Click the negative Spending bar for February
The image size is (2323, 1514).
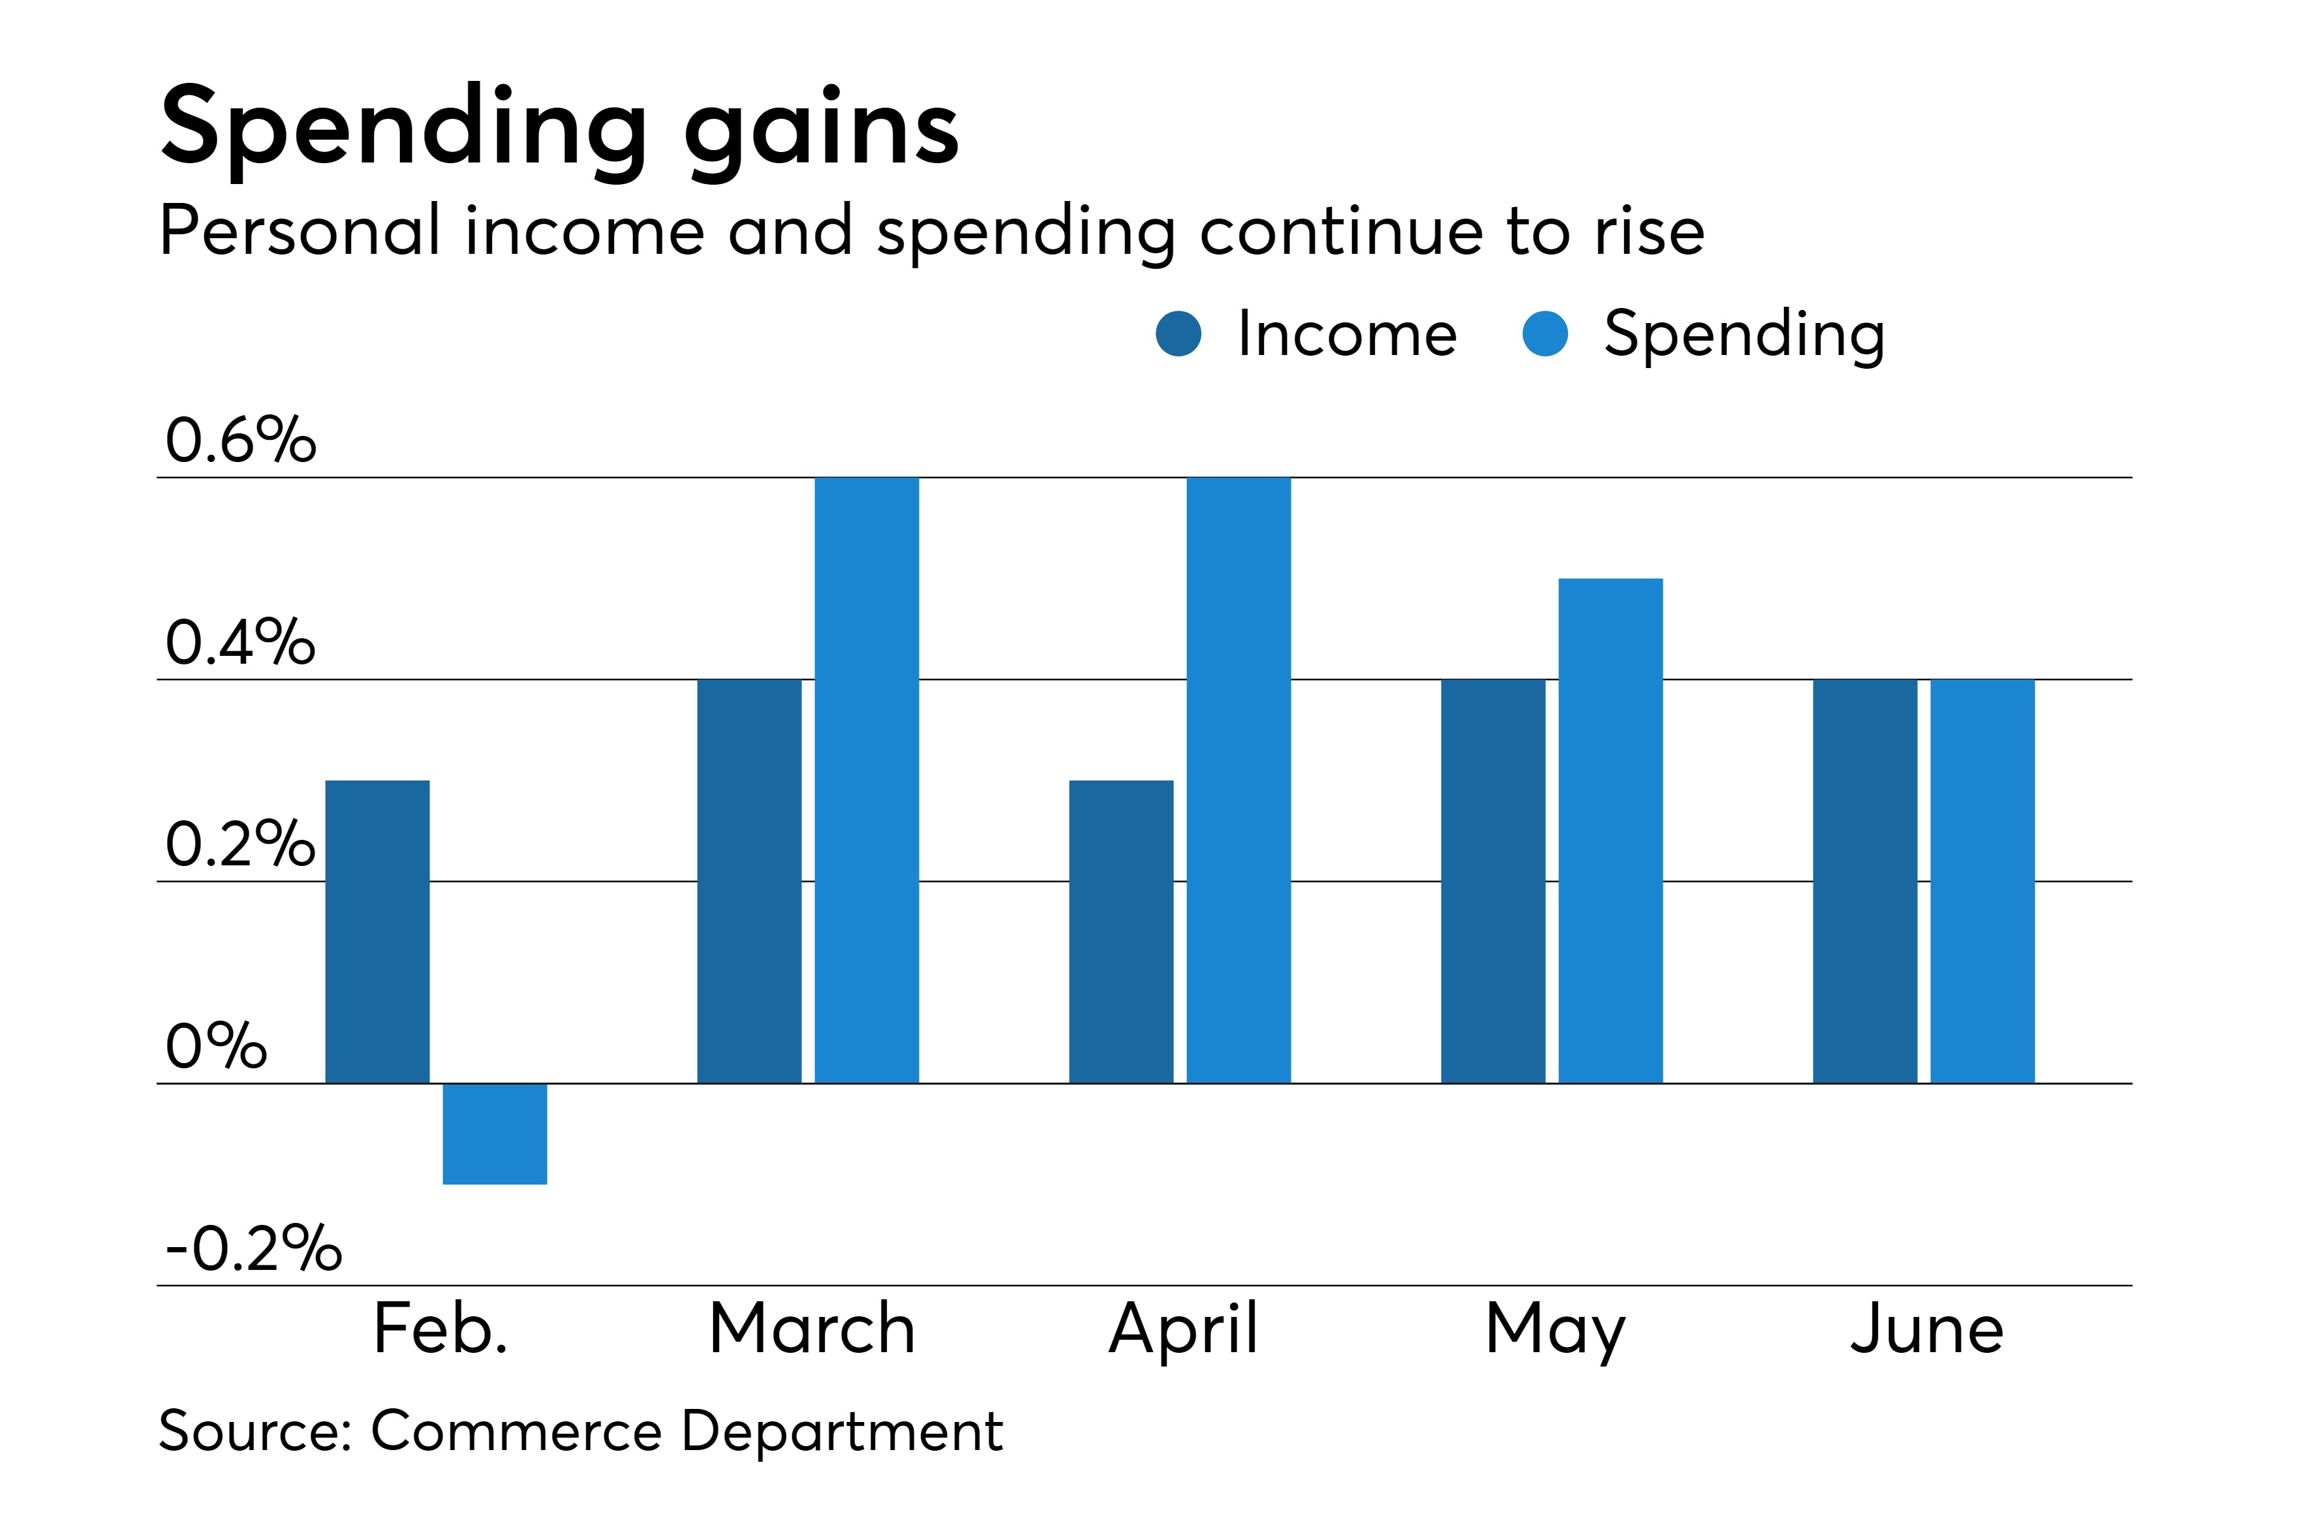[x=495, y=1134]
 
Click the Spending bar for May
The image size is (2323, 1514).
[x=1610, y=831]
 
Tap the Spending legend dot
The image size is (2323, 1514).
[x=1545, y=334]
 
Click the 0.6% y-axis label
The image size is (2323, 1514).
[x=240, y=440]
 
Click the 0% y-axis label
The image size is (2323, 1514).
[x=216, y=1047]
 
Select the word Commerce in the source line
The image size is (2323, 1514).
[x=516, y=1431]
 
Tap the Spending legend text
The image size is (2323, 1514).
[x=1744, y=334]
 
